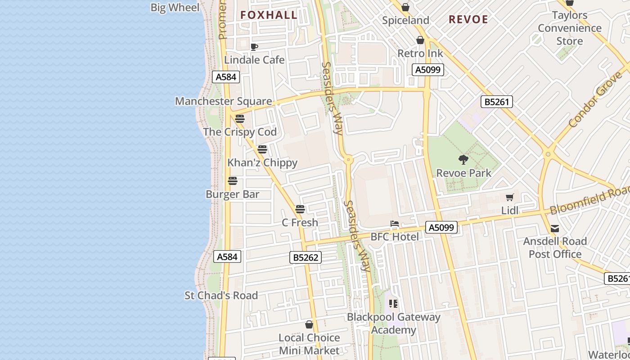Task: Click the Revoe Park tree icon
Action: click(x=463, y=159)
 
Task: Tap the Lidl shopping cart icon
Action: click(x=510, y=197)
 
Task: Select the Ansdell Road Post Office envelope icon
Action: click(x=555, y=229)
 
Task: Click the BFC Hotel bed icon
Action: click(x=395, y=224)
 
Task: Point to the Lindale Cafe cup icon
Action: click(x=254, y=47)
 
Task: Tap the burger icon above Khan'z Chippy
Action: click(x=262, y=149)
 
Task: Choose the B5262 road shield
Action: click(x=305, y=257)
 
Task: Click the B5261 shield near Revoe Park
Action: click(x=497, y=102)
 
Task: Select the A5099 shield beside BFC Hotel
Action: click(x=441, y=228)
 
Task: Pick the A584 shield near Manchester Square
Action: click(x=226, y=77)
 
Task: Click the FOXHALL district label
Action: click(x=269, y=15)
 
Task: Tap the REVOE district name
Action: click(x=468, y=19)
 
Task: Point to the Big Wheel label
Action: click(x=175, y=8)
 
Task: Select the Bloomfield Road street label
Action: click(x=589, y=200)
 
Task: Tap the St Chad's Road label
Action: click(x=221, y=296)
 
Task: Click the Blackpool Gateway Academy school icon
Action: click(x=394, y=304)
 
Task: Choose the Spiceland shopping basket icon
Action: click(x=405, y=7)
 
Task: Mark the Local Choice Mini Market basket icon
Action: click(x=309, y=324)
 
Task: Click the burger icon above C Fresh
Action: click(x=300, y=209)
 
